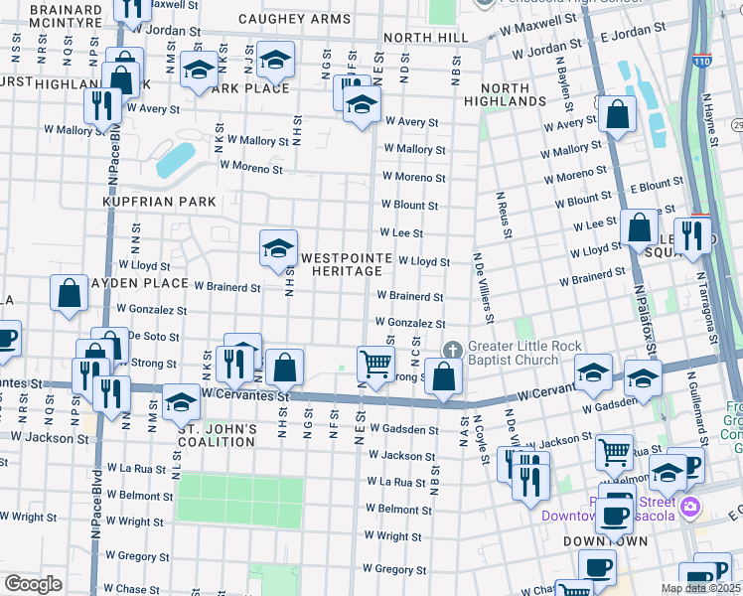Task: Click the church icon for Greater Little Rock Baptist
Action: click(453, 350)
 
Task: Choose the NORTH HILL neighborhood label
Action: click(424, 37)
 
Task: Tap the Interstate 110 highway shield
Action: click(703, 61)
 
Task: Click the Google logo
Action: click(33, 583)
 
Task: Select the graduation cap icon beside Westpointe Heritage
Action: click(278, 248)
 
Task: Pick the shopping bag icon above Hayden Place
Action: click(69, 293)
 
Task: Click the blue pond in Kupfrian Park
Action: click(176, 158)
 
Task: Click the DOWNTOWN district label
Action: click(605, 541)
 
